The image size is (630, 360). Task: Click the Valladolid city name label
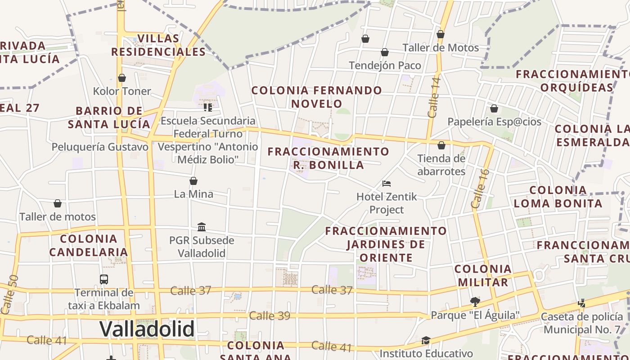click(x=147, y=329)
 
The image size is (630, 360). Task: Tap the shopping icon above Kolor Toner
click(x=122, y=78)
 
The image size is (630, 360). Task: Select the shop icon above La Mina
click(x=193, y=181)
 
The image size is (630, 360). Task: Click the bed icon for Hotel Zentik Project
click(x=386, y=184)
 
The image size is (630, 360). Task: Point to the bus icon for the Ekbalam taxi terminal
click(x=104, y=279)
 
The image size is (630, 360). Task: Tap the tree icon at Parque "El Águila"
click(x=475, y=301)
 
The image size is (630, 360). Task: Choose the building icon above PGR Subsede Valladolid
click(x=202, y=227)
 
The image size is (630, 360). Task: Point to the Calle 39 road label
click(x=270, y=316)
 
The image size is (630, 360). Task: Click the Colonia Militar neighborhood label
click(x=483, y=276)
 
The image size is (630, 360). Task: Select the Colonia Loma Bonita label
click(x=558, y=197)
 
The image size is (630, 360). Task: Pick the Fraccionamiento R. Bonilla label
click(x=328, y=158)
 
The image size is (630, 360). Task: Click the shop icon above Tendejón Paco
click(x=385, y=53)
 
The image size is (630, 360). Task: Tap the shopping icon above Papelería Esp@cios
click(x=494, y=109)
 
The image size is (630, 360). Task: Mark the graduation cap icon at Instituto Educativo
click(x=426, y=340)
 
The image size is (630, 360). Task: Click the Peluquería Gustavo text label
click(x=100, y=147)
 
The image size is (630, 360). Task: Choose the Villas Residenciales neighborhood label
click(x=158, y=45)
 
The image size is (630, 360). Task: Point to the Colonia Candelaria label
click(x=88, y=245)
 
